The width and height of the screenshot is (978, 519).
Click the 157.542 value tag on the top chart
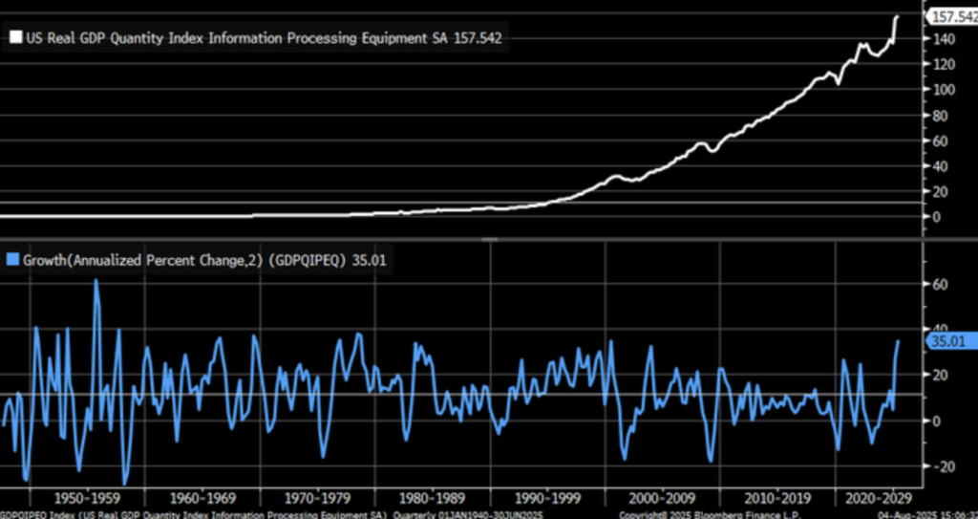950,16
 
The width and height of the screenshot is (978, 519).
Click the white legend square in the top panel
16,38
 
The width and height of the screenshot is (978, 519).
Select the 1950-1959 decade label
86,498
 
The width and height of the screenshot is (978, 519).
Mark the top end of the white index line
897,16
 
